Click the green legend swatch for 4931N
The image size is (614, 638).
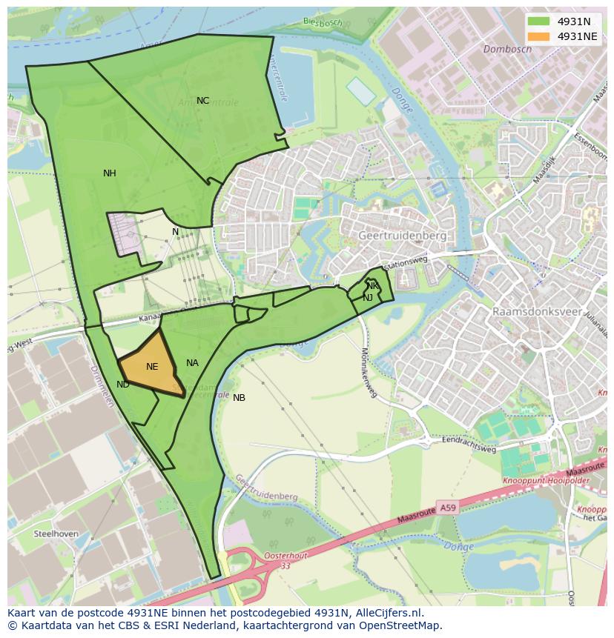pyautogui.click(x=539, y=21)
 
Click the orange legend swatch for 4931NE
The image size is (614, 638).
pyautogui.click(x=539, y=36)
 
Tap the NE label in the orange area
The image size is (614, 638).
pyautogui.click(x=152, y=367)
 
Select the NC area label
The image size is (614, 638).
pyautogui.click(x=202, y=101)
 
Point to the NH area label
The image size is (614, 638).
pyautogui.click(x=109, y=173)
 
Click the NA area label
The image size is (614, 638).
pyautogui.click(x=192, y=363)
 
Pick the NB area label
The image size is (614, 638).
pyautogui.click(x=239, y=398)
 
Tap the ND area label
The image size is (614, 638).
pyautogui.click(x=123, y=385)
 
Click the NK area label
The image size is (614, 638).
pyautogui.click(x=372, y=286)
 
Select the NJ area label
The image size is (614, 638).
pyautogui.click(x=368, y=298)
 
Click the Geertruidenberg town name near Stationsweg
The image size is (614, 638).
pyautogui.click(x=402, y=236)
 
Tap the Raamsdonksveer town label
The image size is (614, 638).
pyautogui.click(x=537, y=312)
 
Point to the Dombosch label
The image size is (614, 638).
pyautogui.click(x=507, y=50)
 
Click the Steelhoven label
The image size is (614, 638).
pyautogui.click(x=56, y=534)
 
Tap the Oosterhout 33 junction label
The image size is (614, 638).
pyautogui.click(x=283, y=559)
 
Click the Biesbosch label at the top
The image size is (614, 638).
pyautogui.click(x=323, y=21)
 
